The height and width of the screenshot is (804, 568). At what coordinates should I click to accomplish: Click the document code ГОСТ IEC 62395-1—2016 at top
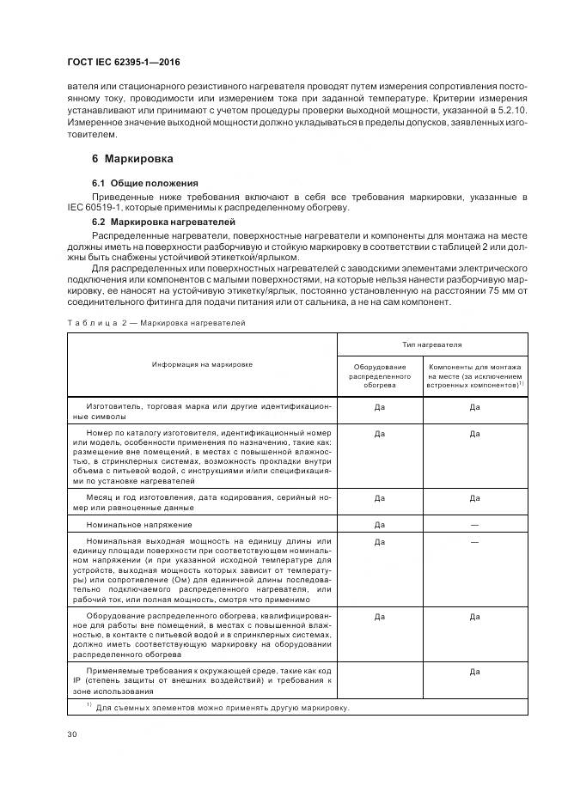pyautogui.click(x=123, y=63)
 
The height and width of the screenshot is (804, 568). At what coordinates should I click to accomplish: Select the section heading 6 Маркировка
pyautogui.click(x=132, y=159)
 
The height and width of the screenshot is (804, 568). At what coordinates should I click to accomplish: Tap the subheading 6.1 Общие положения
pyautogui.click(x=144, y=183)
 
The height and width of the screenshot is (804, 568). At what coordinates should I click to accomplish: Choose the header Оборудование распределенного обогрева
pyautogui.click(x=379, y=376)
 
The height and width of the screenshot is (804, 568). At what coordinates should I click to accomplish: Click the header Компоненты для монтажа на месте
pyautogui.click(x=474, y=376)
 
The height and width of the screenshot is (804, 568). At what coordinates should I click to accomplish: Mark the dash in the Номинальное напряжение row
pyautogui.click(x=474, y=523)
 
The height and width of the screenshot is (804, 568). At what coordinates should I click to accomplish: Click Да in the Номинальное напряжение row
pyautogui.click(x=379, y=523)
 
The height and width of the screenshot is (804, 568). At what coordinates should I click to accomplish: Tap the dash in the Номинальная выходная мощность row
pyautogui.click(x=474, y=542)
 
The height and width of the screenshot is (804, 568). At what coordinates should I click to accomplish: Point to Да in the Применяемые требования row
pyautogui.click(x=474, y=673)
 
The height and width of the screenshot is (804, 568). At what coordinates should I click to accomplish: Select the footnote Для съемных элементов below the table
pyautogui.click(x=222, y=708)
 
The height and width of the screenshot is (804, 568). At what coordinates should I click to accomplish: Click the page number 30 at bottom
pyautogui.click(x=72, y=733)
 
